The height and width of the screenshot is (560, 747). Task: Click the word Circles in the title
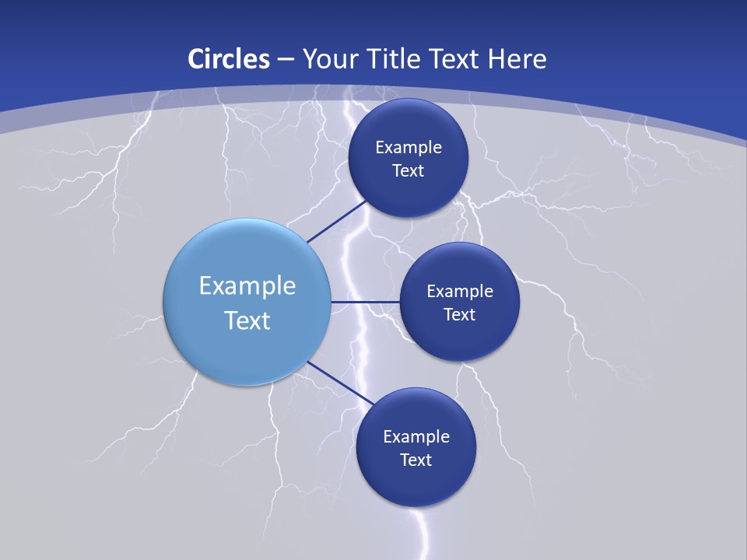tap(229, 59)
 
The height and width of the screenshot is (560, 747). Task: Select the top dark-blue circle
tap(409, 124)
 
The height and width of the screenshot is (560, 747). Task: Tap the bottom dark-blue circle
tap(416, 482)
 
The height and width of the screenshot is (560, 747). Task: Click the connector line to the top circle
tap(336, 222)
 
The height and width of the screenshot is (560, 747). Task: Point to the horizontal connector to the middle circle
tap(365, 301)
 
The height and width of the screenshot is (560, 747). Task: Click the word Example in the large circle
tap(247, 286)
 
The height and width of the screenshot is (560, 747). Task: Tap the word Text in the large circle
tap(247, 320)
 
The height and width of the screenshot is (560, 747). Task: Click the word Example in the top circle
tap(409, 148)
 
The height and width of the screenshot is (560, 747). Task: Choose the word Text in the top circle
tap(409, 171)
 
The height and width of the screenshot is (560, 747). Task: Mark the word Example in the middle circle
tap(460, 292)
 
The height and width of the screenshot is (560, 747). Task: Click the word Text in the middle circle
tap(460, 315)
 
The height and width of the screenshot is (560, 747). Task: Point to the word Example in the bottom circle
tap(416, 437)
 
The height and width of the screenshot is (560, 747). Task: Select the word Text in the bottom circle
tap(416, 460)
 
